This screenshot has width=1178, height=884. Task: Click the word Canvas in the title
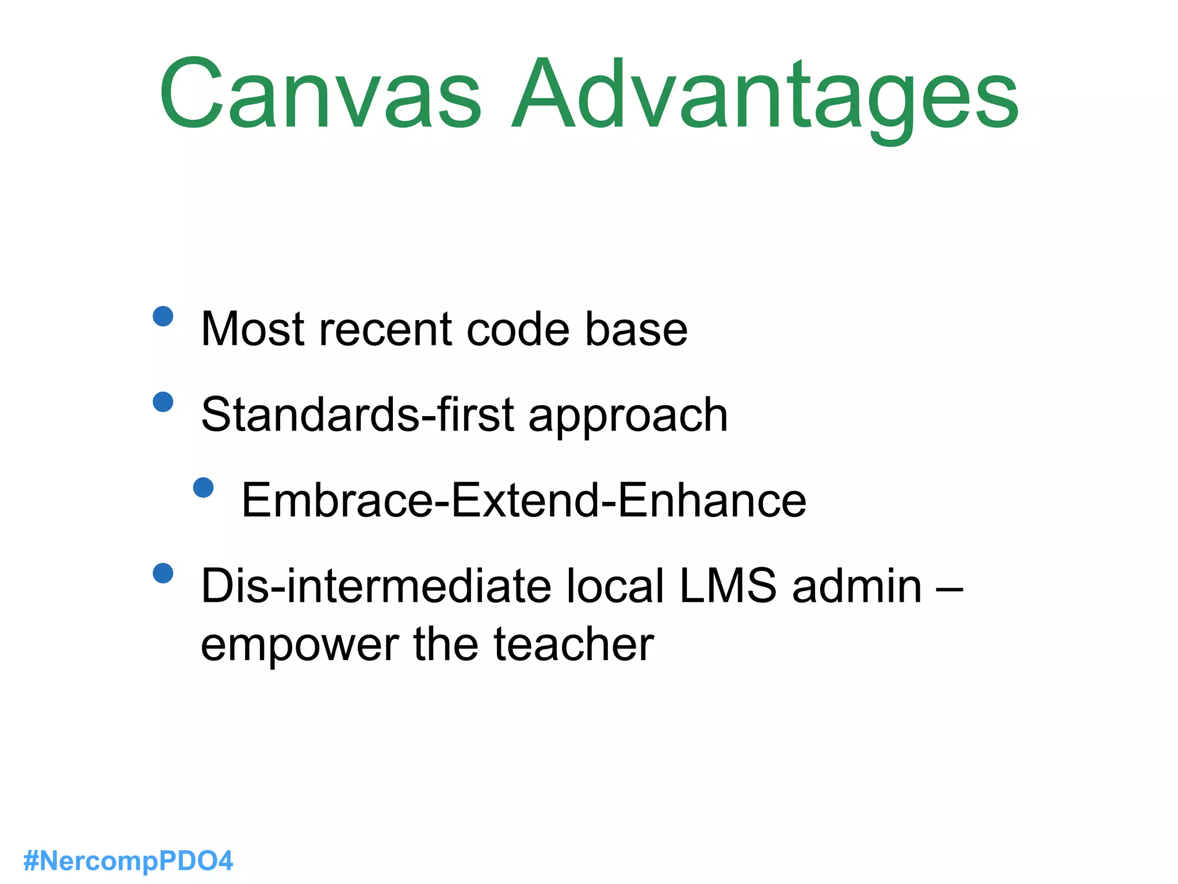tap(320, 94)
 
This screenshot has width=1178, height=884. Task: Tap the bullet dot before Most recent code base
tap(163, 316)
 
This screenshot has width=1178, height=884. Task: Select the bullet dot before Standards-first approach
tap(163, 402)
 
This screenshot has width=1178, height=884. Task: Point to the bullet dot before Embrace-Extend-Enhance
tap(204, 487)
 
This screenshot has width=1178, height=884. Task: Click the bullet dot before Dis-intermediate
tap(163, 573)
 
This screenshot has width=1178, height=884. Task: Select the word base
tap(636, 329)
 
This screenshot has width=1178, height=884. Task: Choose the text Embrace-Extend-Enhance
tap(523, 500)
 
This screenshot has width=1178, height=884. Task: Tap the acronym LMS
tap(728, 586)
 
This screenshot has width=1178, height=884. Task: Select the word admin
tap(856, 586)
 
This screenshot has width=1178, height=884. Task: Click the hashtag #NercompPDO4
tap(128, 861)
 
